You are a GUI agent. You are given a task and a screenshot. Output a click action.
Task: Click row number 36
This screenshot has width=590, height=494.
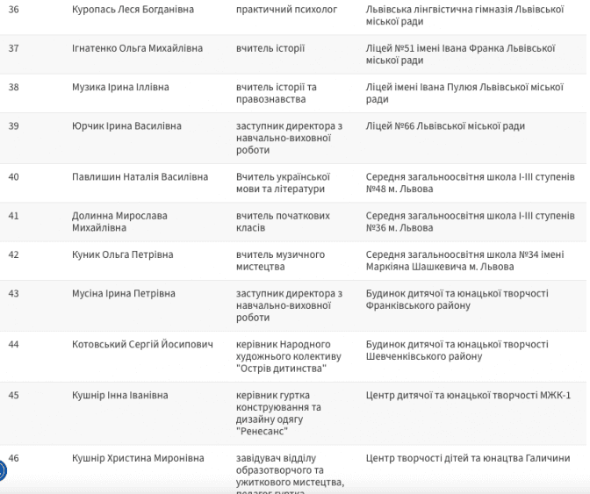pyautogui.click(x=13, y=9)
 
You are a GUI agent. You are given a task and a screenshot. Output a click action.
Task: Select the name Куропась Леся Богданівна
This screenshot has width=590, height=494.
pyautogui.click(x=133, y=9)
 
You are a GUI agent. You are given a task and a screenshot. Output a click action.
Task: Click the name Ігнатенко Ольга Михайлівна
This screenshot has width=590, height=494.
pyautogui.click(x=137, y=48)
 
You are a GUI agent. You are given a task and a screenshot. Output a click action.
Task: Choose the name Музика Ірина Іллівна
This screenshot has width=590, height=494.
pyautogui.click(x=120, y=88)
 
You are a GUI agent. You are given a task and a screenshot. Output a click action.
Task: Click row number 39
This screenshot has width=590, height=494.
pyautogui.click(x=13, y=126)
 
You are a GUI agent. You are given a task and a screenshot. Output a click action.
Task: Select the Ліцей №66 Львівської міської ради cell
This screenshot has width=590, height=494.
pyautogui.click(x=445, y=126)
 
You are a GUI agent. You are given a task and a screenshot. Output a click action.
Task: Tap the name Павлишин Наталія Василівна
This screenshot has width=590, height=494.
pyautogui.click(x=140, y=177)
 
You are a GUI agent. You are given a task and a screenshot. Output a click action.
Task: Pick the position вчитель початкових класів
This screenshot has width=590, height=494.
pyautogui.click(x=283, y=221)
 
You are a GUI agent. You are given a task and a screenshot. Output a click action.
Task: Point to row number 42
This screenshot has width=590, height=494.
pyautogui.click(x=13, y=254)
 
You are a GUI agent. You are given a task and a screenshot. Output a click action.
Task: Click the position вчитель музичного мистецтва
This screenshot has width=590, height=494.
pyautogui.click(x=280, y=261)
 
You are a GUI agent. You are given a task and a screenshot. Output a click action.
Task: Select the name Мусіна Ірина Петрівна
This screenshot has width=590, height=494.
pyautogui.click(x=123, y=293)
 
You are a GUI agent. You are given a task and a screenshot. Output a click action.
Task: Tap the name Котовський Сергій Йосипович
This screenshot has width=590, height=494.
pyautogui.click(x=142, y=345)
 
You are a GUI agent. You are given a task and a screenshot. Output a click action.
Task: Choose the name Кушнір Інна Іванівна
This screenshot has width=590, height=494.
pyautogui.click(x=118, y=396)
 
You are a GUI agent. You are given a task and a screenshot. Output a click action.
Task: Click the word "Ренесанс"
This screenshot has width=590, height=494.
pyautogui.click(x=263, y=432)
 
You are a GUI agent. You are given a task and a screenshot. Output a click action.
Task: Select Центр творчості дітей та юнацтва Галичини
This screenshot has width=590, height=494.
pyautogui.click(x=467, y=458)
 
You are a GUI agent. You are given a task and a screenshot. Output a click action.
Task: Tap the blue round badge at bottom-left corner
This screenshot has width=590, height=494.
pyautogui.click(x=3, y=471)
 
